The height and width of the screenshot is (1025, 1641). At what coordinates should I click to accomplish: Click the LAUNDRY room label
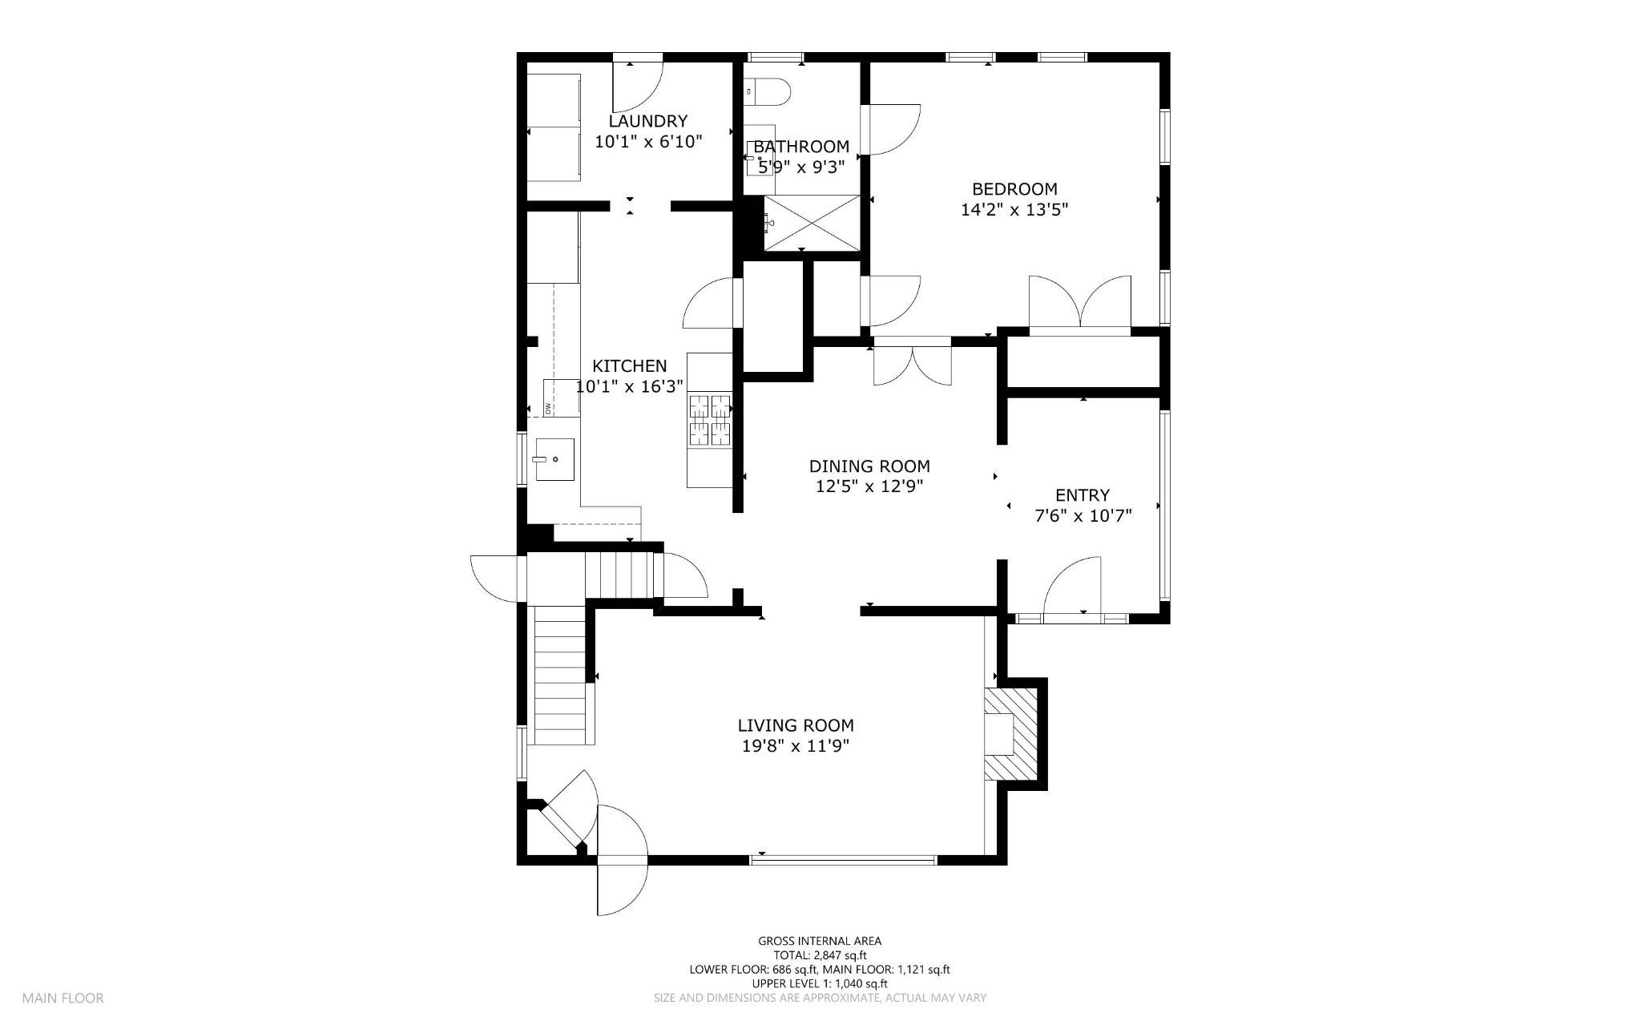[647, 121]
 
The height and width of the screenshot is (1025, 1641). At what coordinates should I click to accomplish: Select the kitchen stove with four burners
[711, 420]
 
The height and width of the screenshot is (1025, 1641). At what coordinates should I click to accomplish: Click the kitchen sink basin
[555, 459]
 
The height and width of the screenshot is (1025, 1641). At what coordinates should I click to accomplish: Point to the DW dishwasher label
[549, 408]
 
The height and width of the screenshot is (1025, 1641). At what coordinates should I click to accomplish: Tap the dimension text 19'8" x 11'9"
[795, 746]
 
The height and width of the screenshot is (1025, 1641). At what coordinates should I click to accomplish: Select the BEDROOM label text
[1014, 189]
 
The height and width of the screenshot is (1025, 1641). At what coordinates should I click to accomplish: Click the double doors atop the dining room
[912, 363]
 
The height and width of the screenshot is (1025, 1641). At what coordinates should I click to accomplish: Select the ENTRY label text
[1083, 495]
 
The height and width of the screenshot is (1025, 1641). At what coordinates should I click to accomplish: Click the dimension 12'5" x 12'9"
[869, 486]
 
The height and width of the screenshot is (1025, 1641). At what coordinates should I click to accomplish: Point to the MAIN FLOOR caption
[62, 999]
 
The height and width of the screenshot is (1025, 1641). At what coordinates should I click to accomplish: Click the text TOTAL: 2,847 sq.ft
[820, 955]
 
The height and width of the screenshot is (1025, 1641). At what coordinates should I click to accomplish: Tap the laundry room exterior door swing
[636, 87]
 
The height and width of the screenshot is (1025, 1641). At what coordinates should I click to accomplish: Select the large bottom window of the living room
[843, 860]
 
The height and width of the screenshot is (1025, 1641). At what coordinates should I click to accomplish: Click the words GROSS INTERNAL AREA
[820, 941]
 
